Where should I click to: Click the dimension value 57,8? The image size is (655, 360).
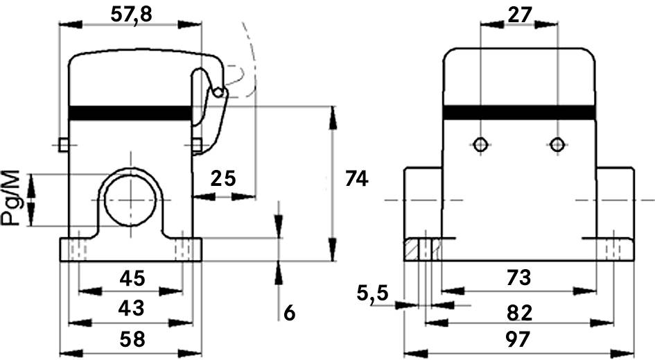tap(132, 14)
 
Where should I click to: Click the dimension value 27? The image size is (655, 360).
tap(518, 14)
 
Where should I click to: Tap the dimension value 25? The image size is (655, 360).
tap(223, 178)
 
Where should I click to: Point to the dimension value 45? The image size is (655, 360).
tap(132, 278)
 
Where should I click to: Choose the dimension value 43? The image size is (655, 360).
tap(132, 306)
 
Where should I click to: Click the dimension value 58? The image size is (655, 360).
tap(132, 339)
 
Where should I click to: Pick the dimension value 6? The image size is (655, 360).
tap(290, 313)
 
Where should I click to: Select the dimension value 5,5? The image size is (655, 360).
tap(373, 294)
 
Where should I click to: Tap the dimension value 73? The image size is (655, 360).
tap(518, 278)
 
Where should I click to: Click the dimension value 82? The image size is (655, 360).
tap(518, 312)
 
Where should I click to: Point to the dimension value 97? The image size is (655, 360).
tap(518, 340)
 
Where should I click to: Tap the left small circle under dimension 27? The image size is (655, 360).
tap(480, 145)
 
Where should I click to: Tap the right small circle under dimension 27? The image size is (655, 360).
tap(557, 145)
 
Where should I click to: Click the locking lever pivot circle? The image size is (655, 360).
tap(218, 92)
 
